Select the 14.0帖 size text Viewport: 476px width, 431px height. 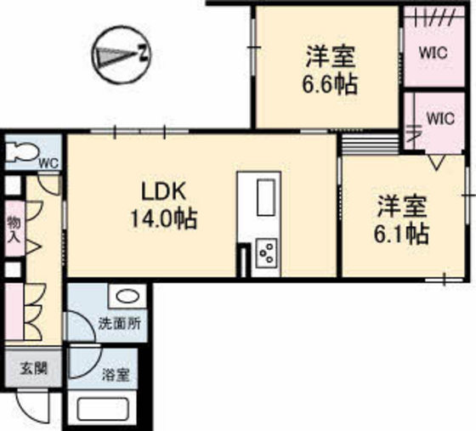(x=163, y=218)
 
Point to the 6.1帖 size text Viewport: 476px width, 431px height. (x=402, y=232)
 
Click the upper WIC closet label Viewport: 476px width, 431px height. (x=433, y=52)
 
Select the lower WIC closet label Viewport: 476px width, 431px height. (x=439, y=119)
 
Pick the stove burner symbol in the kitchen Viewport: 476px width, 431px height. (x=267, y=252)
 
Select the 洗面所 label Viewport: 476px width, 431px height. (x=119, y=324)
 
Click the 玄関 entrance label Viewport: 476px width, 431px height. (x=34, y=369)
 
